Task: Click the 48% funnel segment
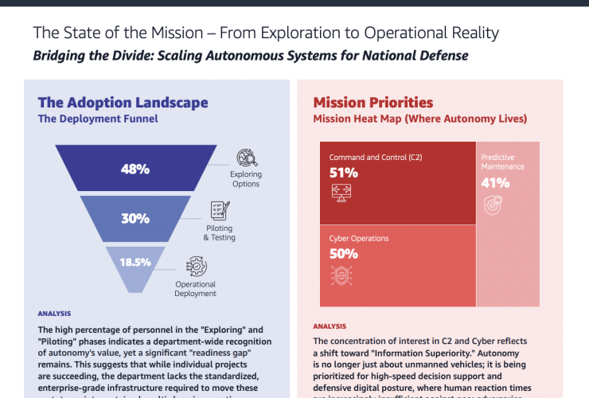pyautogui.click(x=135, y=168)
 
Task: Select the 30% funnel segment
pyautogui.click(x=135, y=218)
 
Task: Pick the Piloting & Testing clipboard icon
pyautogui.click(x=220, y=211)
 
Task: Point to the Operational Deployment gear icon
pyautogui.click(x=196, y=266)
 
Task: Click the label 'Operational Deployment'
pyautogui.click(x=196, y=288)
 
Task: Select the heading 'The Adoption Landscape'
pyautogui.click(x=123, y=102)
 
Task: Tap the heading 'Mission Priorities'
pyautogui.click(x=373, y=102)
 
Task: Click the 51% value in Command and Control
pyautogui.click(x=343, y=172)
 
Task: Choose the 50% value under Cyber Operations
pyautogui.click(x=343, y=254)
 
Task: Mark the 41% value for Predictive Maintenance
pyautogui.click(x=495, y=182)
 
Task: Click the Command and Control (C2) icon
pyautogui.click(x=342, y=192)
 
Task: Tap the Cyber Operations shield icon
pyautogui.click(x=342, y=275)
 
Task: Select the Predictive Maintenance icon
pyautogui.click(x=493, y=205)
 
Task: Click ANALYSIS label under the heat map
pyautogui.click(x=330, y=326)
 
